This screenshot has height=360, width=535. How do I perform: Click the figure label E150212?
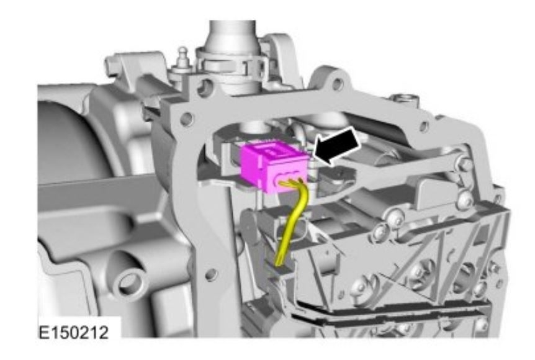74,332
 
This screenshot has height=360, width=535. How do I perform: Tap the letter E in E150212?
43,332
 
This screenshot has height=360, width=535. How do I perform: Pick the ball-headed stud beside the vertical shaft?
183,58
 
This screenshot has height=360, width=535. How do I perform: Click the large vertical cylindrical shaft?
232,51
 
